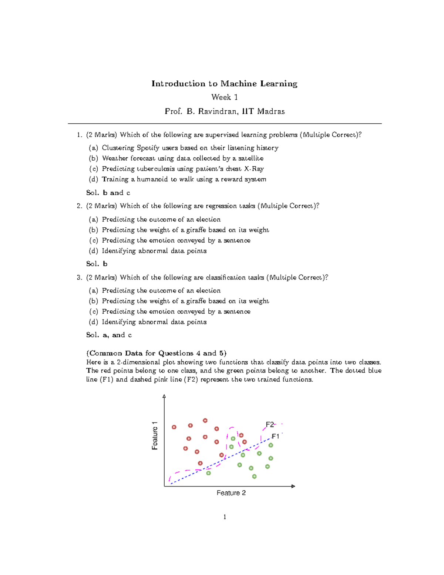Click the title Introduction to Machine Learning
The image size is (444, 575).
pos(224,84)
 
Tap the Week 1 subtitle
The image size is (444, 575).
pos(224,97)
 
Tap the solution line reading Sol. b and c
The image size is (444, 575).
pos(108,193)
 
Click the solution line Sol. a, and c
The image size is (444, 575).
pos(109,335)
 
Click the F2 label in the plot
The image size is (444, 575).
pos(270,424)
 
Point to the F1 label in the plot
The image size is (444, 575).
pos(275,437)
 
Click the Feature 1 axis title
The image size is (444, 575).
pos(155,436)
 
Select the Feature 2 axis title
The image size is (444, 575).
pos(231,493)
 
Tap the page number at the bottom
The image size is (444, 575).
pos(225,517)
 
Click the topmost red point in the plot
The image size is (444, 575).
pos(205,421)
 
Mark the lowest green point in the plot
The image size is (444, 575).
pos(254,477)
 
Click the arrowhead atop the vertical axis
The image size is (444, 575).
pos(164,397)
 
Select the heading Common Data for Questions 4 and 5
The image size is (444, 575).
pos(156,353)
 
